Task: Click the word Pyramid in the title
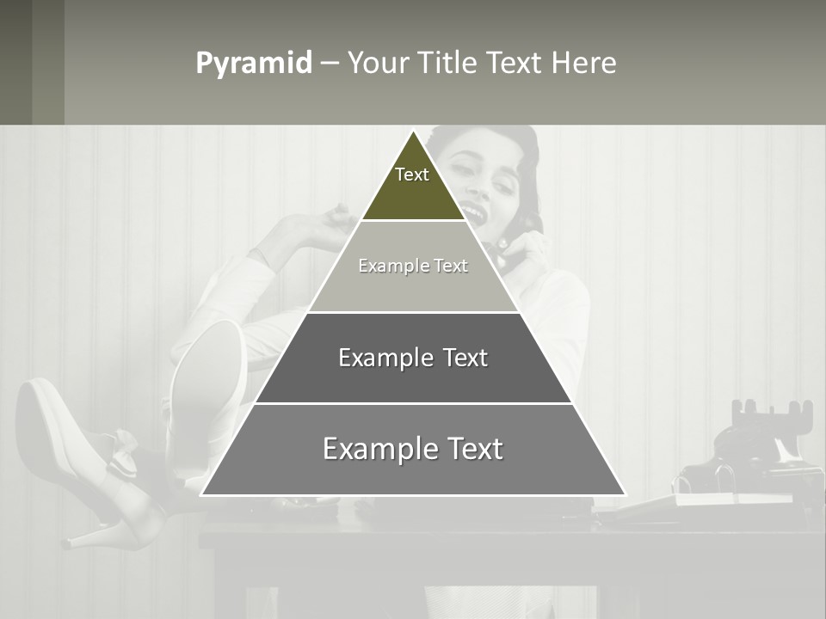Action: click(x=253, y=64)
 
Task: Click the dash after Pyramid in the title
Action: click(x=330, y=64)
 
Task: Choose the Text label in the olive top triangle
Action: click(x=412, y=175)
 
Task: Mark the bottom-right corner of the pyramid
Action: click(x=625, y=495)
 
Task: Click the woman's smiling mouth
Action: click(x=472, y=208)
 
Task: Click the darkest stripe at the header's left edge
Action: click(x=15, y=62)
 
